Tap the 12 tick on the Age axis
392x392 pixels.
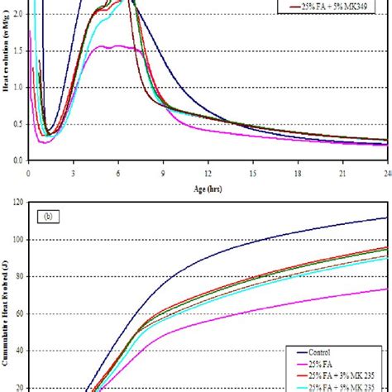pos(208,173)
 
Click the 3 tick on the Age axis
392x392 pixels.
pos(74,173)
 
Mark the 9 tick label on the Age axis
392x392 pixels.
pos(163,173)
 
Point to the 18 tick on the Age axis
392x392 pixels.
pos(298,173)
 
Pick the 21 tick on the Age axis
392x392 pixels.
pos(342,173)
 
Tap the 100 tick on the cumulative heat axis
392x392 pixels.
pos(17,239)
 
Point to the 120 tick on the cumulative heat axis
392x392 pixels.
pos(17,203)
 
